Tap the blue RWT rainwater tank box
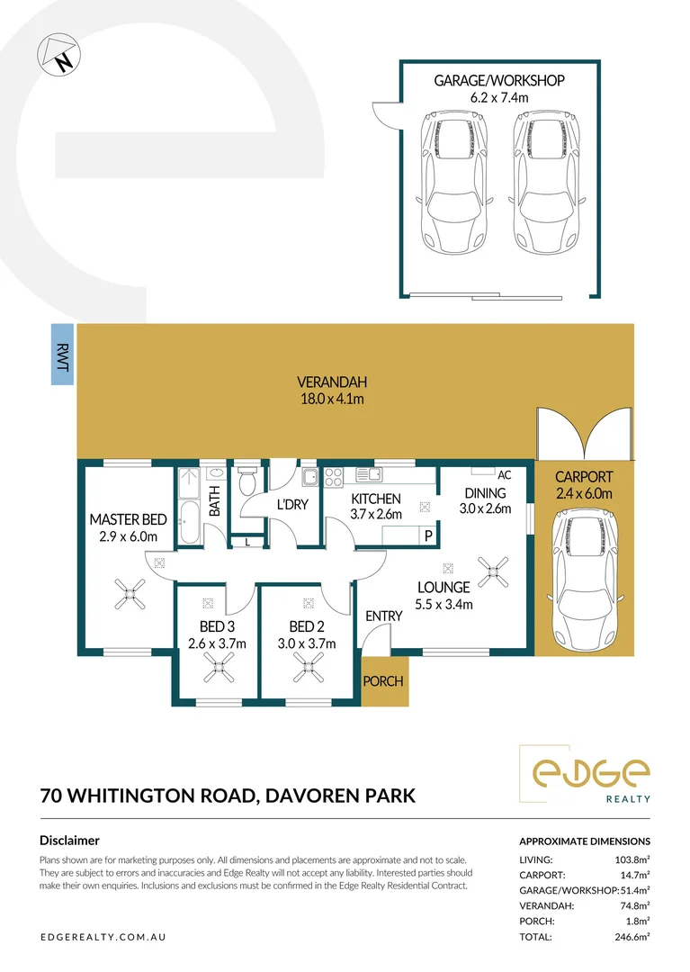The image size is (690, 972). click(x=63, y=355)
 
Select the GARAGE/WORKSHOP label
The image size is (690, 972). click(x=499, y=81)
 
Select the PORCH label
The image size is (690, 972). click(x=383, y=681)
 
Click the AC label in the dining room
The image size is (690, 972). click(x=504, y=474)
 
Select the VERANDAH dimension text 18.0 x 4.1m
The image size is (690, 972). click(x=334, y=399)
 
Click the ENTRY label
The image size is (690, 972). click(x=383, y=616)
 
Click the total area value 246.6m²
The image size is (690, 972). click(x=630, y=937)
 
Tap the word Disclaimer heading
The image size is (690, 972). click(x=69, y=841)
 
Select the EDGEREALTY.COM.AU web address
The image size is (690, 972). click(x=103, y=937)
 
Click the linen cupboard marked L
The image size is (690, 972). click(x=248, y=542)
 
